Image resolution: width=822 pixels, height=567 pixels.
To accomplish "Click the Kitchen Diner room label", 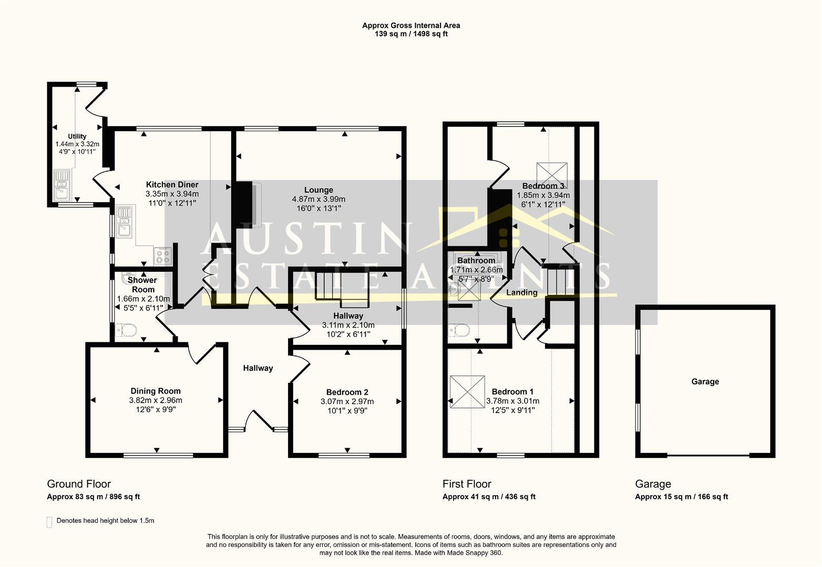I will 172,185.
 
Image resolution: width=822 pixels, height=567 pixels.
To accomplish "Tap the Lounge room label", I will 318,190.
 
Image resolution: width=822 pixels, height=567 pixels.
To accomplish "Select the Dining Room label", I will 156,391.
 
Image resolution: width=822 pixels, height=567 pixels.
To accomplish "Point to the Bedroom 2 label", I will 347,392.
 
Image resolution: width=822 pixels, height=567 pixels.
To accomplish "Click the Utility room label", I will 77,136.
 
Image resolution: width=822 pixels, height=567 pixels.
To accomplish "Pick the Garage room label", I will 705,382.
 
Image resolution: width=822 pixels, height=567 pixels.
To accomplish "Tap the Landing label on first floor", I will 521,293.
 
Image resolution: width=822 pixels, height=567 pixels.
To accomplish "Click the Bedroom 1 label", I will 512,392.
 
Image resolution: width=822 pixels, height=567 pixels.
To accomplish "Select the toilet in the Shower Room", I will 126,330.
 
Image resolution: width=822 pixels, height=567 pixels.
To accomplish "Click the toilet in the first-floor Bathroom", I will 460,330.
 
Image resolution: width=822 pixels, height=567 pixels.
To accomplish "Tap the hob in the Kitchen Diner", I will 162,256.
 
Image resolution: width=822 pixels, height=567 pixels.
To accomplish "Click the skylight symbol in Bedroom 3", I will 552,172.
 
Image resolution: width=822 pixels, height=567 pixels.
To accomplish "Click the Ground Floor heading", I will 79,484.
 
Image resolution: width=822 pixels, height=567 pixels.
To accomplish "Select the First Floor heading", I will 467,484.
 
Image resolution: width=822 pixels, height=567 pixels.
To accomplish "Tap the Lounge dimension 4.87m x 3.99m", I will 318,199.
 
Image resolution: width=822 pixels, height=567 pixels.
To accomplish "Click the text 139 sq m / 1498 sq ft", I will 410,34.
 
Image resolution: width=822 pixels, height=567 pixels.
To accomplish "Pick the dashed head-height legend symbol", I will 49,522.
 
